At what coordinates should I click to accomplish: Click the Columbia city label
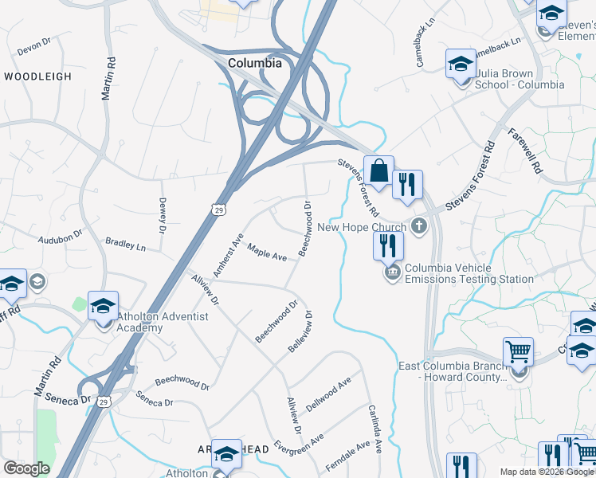(254, 63)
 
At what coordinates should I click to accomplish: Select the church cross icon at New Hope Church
(418, 227)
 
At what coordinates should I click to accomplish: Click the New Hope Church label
(362, 227)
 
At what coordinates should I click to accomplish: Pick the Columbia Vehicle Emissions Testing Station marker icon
(392, 274)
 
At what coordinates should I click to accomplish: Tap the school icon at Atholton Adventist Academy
(103, 307)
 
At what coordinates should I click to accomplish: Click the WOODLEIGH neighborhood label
(37, 76)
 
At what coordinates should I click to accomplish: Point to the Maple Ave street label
(267, 253)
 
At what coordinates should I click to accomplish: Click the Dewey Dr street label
(162, 216)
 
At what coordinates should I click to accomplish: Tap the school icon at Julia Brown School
(460, 65)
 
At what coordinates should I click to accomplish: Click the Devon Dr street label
(34, 48)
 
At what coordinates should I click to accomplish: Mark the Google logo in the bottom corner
(26, 468)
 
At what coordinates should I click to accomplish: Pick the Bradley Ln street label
(126, 243)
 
